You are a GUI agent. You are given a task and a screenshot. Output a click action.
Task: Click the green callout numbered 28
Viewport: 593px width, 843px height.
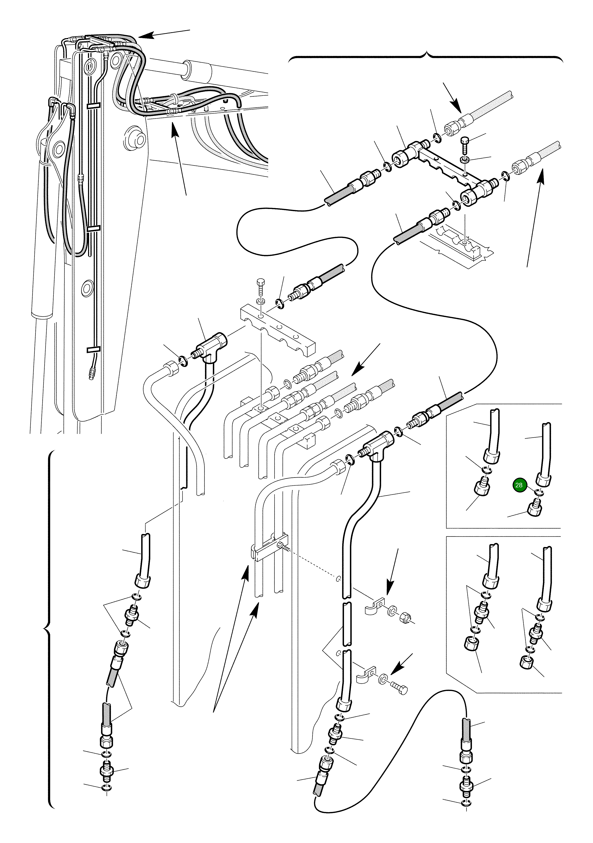[519, 485]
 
